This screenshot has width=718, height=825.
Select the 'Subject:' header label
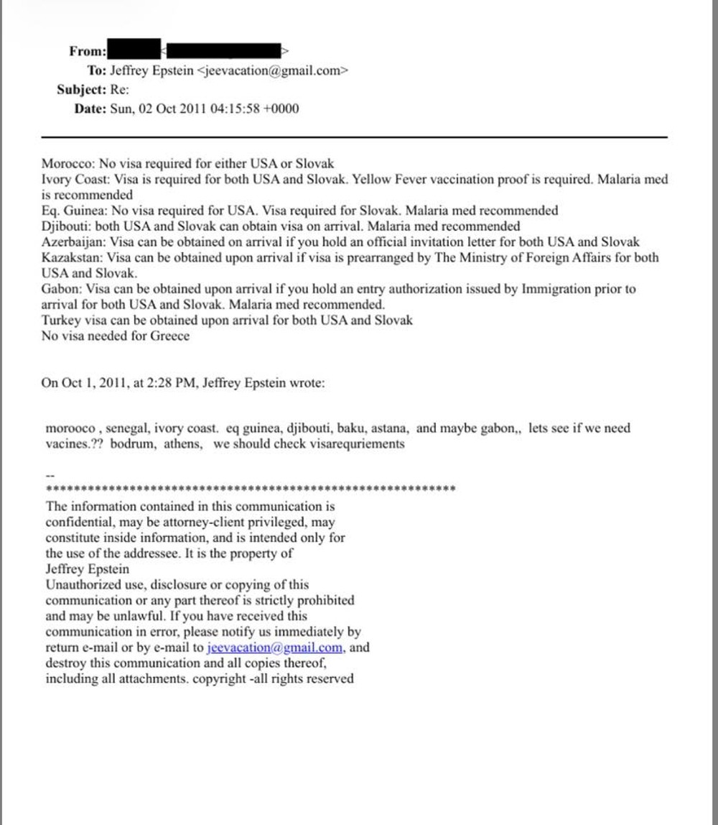point(83,90)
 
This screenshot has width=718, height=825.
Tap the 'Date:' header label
point(90,109)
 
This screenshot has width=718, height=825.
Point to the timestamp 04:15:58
point(237,109)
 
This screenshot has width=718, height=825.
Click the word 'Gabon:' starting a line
point(60,289)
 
